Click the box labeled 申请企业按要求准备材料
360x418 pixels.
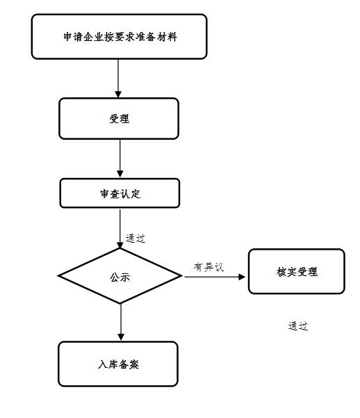point(119,37)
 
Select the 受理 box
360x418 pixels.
point(119,119)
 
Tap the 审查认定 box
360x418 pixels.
point(120,193)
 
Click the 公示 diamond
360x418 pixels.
point(120,276)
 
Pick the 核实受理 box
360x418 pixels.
point(297,271)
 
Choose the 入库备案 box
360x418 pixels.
point(118,364)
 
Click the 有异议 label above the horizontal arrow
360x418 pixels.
point(208,267)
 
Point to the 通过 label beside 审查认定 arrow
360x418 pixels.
point(136,239)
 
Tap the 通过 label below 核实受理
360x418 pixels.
point(298,326)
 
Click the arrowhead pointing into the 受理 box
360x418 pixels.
point(118,95)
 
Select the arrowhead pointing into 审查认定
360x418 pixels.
point(120,174)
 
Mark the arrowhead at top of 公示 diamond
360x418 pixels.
point(120,245)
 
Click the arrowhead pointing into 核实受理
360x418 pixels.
point(242,277)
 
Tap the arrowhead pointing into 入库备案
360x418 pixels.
point(121,337)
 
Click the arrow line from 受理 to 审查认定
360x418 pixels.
point(120,159)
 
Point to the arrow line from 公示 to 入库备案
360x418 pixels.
point(121,322)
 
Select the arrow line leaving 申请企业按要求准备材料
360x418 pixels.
point(118,79)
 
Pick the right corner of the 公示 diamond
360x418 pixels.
point(182,276)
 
